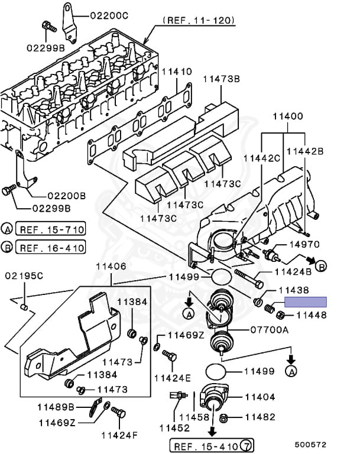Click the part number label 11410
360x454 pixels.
click(177, 72)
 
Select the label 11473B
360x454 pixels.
click(222, 79)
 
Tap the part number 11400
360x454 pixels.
click(288, 116)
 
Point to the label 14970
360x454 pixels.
click(304, 244)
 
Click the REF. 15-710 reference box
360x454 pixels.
click(50, 229)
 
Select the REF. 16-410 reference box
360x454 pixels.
click(50, 247)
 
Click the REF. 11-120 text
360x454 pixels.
click(199, 20)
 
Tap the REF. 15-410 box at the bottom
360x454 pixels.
click(212, 446)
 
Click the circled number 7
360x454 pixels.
click(247, 445)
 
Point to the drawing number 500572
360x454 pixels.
click(310, 445)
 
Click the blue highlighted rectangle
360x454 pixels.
click(306, 301)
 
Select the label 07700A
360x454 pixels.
click(270, 329)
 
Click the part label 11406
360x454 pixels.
click(111, 266)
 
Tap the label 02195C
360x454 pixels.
click(24, 275)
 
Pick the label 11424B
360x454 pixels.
click(293, 271)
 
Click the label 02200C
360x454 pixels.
click(109, 15)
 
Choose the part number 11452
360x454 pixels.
click(174, 427)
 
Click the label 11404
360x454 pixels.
click(260, 397)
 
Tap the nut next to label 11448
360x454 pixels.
click(280, 314)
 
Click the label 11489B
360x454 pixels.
click(56, 407)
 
